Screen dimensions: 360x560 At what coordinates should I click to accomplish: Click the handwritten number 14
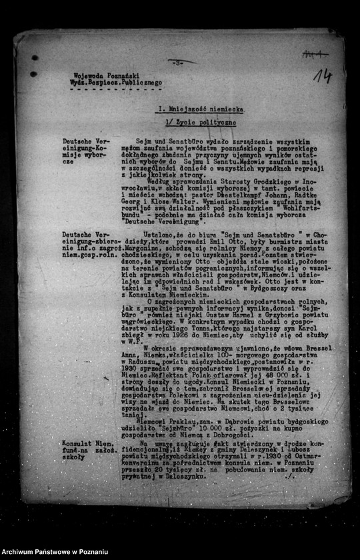[x=323, y=76]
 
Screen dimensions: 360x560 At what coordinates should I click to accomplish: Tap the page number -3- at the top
[x=178, y=61]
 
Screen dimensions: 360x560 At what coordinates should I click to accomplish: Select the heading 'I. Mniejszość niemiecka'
[x=199, y=108]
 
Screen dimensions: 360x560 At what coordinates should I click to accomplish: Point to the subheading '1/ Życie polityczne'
[x=199, y=123]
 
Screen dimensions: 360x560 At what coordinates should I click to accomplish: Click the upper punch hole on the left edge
[x=34, y=57]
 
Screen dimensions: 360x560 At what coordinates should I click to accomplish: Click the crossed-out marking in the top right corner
[x=315, y=54]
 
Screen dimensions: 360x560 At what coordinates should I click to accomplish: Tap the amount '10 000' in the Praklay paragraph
[x=211, y=429]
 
